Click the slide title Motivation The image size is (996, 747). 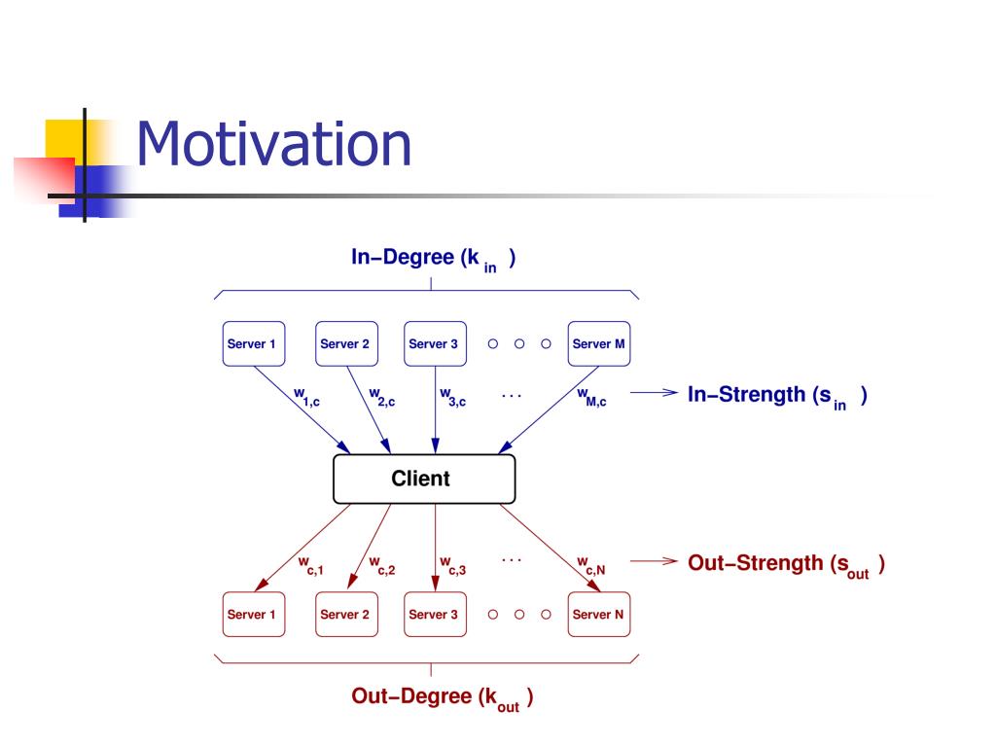pyautogui.click(x=273, y=144)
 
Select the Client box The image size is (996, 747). pyautogui.click(x=424, y=479)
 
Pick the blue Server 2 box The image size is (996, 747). pyautogui.click(x=346, y=343)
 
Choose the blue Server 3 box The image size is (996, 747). pyautogui.click(x=434, y=343)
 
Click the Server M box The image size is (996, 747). pyautogui.click(x=599, y=343)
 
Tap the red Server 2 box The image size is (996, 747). pyautogui.click(x=346, y=614)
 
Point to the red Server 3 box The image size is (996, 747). pyautogui.click(x=434, y=614)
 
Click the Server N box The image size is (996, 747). pyautogui.click(x=599, y=614)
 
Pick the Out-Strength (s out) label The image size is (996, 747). pyautogui.click(x=786, y=565)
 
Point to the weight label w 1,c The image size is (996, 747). pyautogui.click(x=308, y=396)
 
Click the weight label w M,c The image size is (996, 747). pyautogui.click(x=590, y=396)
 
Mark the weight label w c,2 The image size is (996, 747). pyautogui.click(x=381, y=565)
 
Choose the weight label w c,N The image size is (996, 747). pyautogui.click(x=590, y=565)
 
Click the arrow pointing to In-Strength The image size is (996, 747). pyautogui.click(x=653, y=394)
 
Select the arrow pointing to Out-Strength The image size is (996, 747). pyautogui.click(x=653, y=561)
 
